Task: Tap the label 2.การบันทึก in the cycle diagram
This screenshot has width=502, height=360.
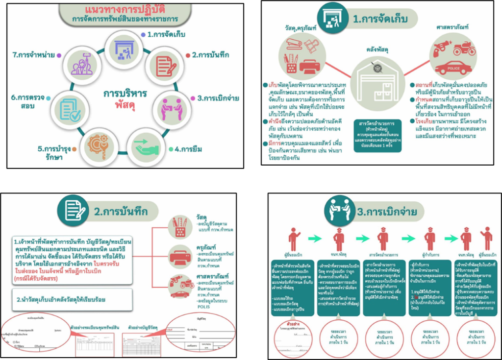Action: pyautogui.click(x=212, y=55)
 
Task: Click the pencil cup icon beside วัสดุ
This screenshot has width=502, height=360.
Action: pyautogui.click(x=179, y=226)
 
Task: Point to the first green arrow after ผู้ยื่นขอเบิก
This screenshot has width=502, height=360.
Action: pyautogui.click(x=316, y=239)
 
